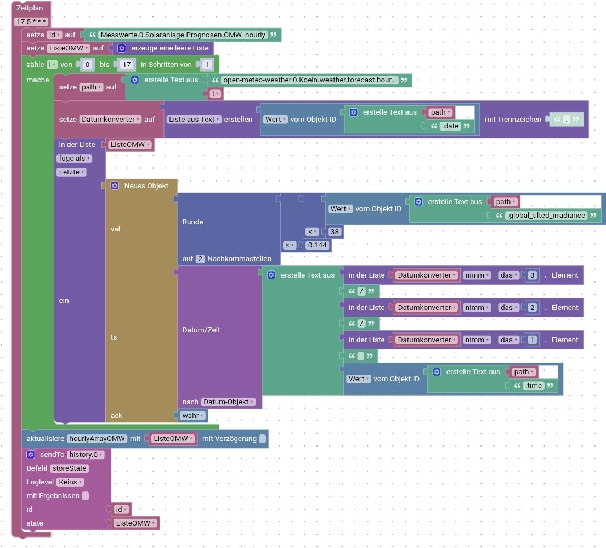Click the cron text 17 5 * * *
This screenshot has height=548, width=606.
[x=32, y=22]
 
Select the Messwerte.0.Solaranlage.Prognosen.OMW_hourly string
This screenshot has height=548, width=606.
[x=183, y=35]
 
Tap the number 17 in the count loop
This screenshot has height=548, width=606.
[x=126, y=65]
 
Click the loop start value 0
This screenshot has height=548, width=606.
[x=87, y=65]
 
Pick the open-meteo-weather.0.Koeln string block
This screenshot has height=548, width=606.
[x=309, y=80]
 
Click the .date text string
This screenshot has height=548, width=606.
[x=450, y=127]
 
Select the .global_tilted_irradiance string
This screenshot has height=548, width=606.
[x=546, y=216]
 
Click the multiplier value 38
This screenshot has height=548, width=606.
[x=335, y=232]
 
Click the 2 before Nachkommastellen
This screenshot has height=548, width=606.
[x=200, y=258]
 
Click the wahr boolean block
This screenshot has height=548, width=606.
[x=192, y=416]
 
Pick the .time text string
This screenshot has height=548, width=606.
[x=534, y=386]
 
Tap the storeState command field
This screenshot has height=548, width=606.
[x=69, y=468]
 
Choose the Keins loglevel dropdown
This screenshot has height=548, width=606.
[x=70, y=482]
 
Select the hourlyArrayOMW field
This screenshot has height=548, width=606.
[x=97, y=439]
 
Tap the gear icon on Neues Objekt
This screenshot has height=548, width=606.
[x=115, y=186]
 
